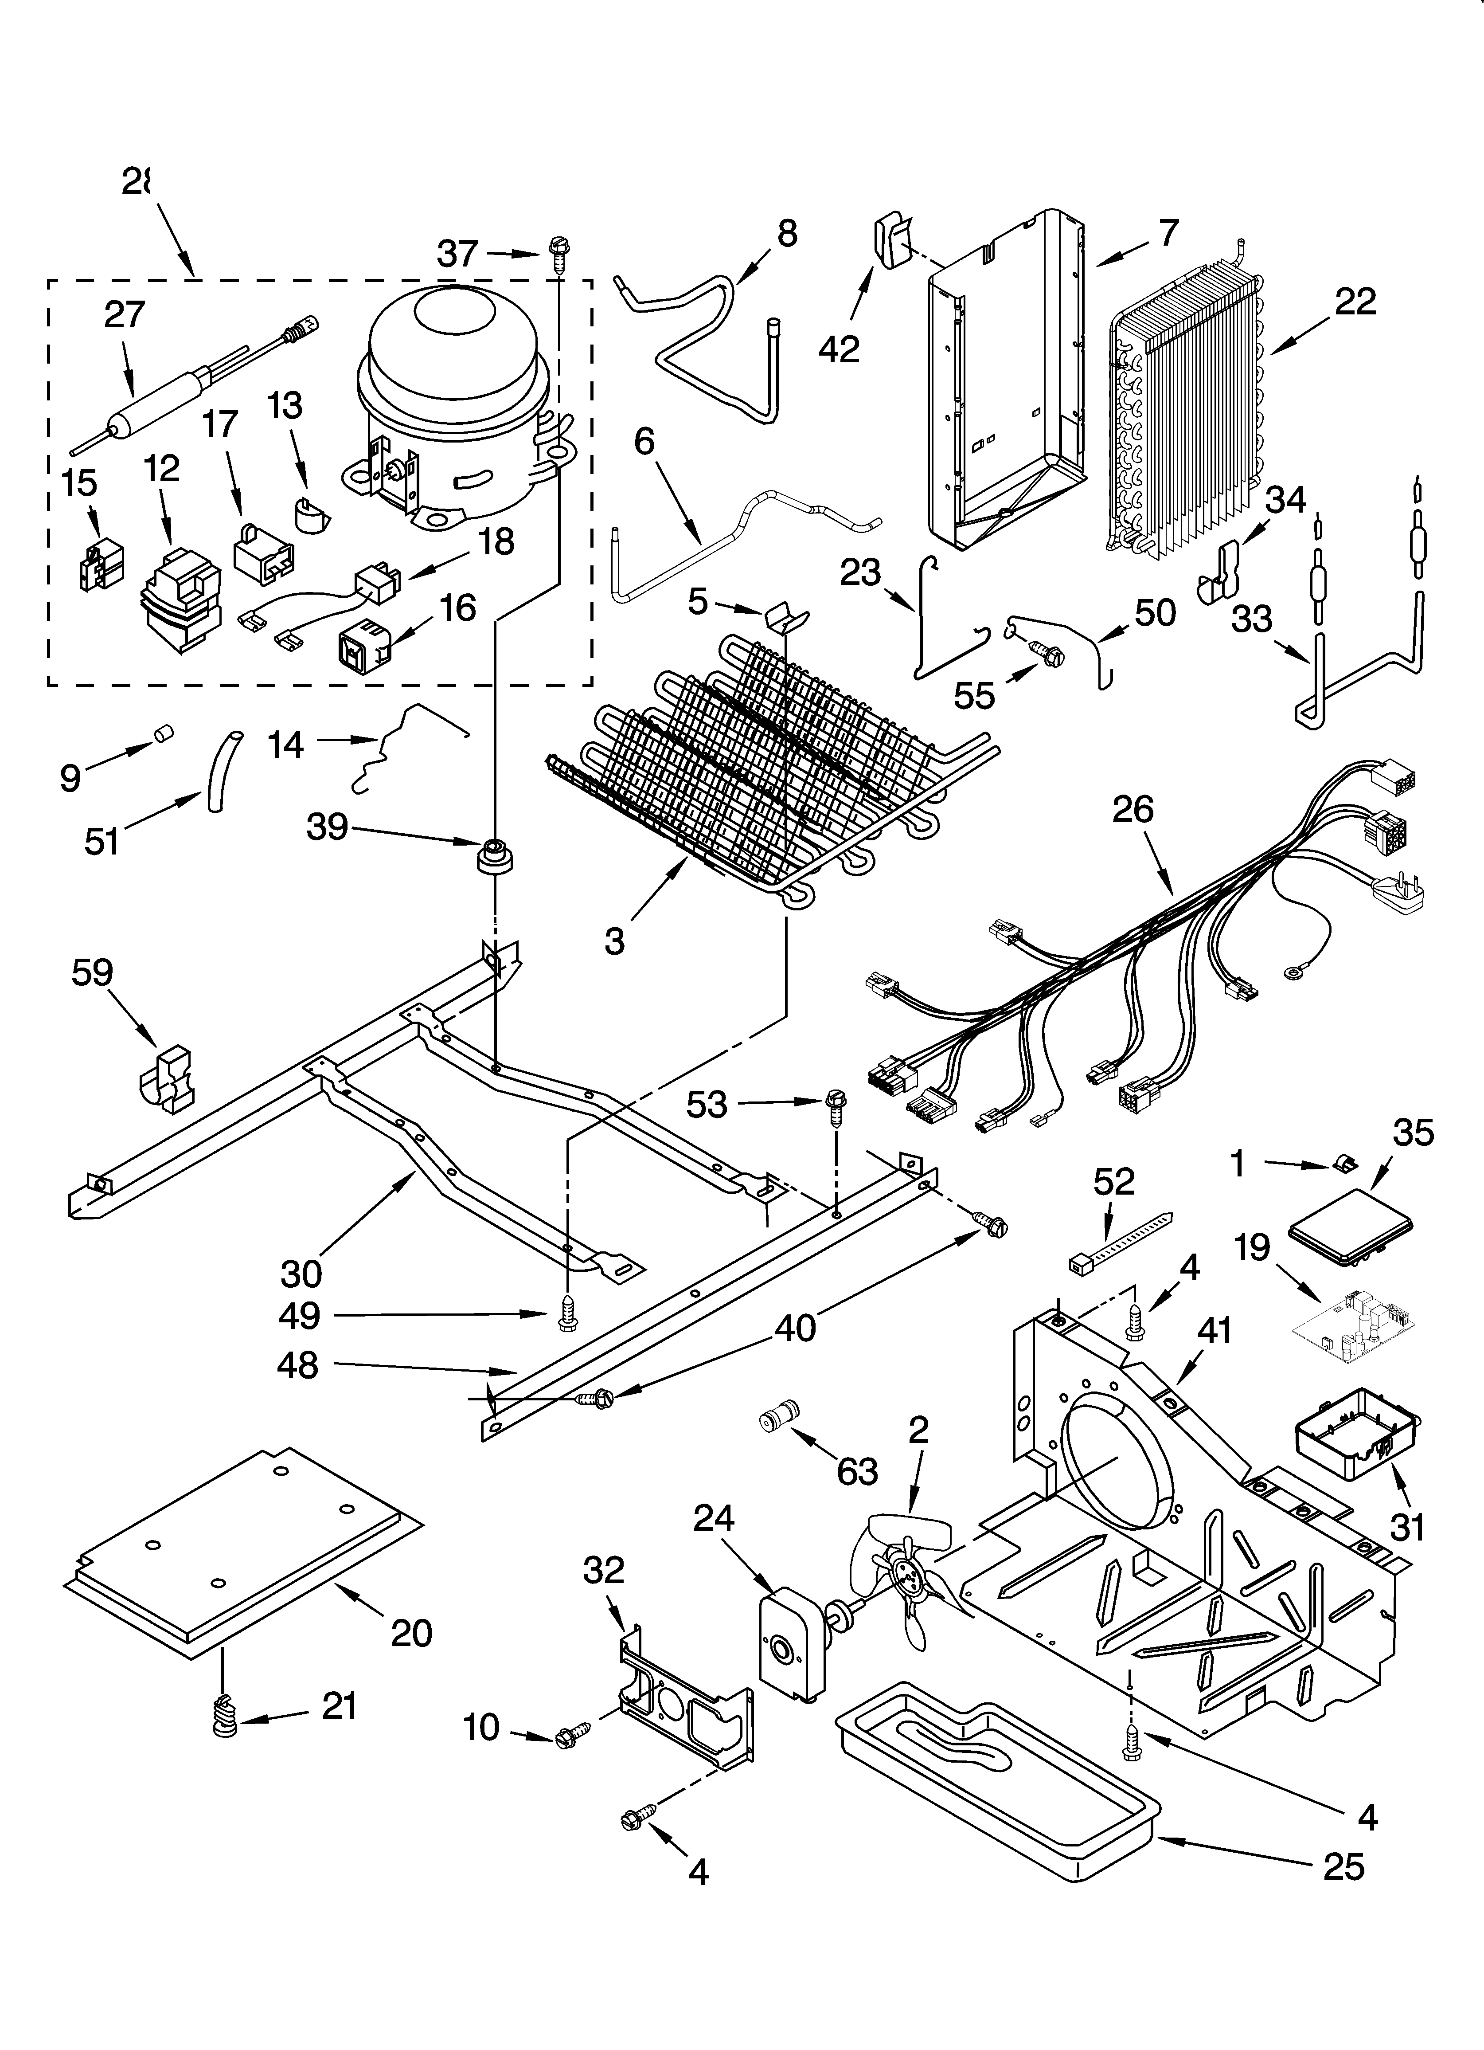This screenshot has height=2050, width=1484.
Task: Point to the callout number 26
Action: pyautogui.click(x=1133, y=809)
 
